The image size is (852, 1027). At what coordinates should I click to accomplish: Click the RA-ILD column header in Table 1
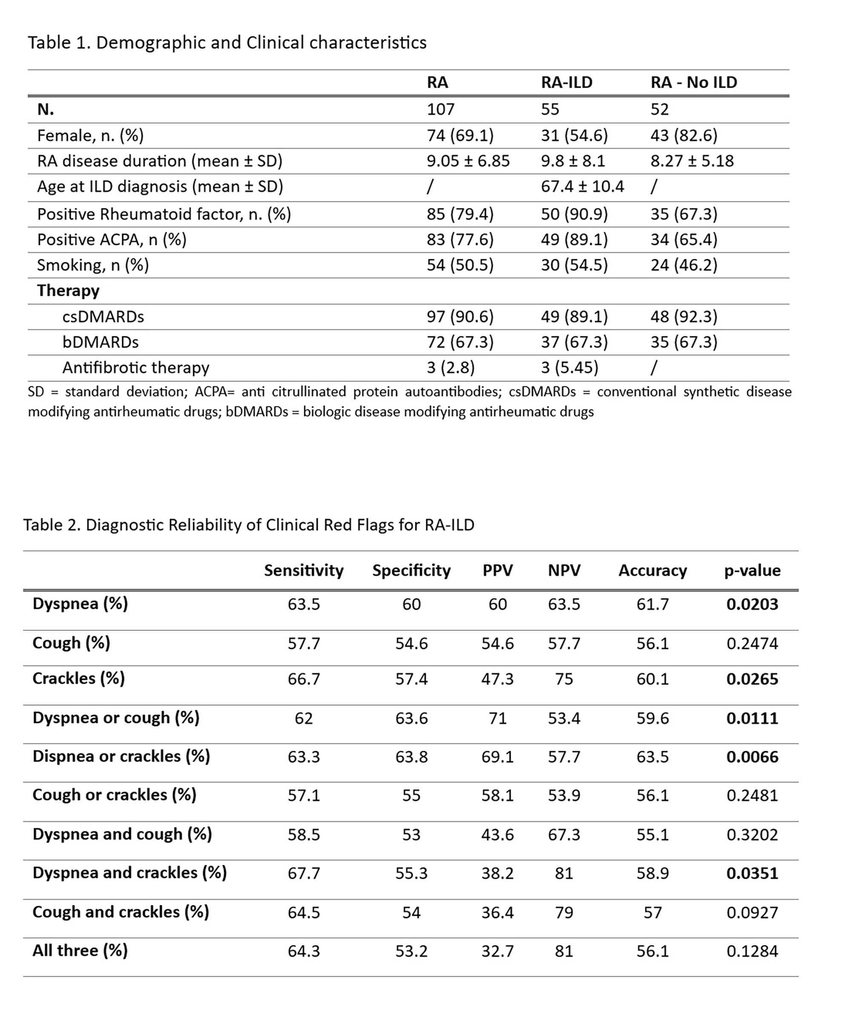566,82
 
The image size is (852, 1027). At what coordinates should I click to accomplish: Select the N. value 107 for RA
440,109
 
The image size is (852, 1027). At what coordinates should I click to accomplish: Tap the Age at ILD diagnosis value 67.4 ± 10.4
582,186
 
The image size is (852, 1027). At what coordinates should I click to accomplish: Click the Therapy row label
68,291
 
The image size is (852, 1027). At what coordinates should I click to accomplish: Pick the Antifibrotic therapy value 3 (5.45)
569,367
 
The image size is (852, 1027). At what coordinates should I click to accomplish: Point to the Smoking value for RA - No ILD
683,265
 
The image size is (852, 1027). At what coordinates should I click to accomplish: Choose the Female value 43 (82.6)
683,135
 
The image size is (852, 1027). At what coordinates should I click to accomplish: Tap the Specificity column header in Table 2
411,570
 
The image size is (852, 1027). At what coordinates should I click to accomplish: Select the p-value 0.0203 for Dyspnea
752,604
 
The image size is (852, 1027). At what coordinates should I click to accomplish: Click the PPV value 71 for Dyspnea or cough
497,718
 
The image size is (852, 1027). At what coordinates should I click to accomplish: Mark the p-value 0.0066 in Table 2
752,757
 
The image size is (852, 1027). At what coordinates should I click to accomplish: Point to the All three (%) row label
80,950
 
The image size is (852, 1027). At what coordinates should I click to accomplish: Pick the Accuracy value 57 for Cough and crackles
652,913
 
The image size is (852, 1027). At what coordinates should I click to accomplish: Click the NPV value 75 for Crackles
564,679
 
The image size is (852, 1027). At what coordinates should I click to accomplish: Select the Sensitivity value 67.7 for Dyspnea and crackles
303,873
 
